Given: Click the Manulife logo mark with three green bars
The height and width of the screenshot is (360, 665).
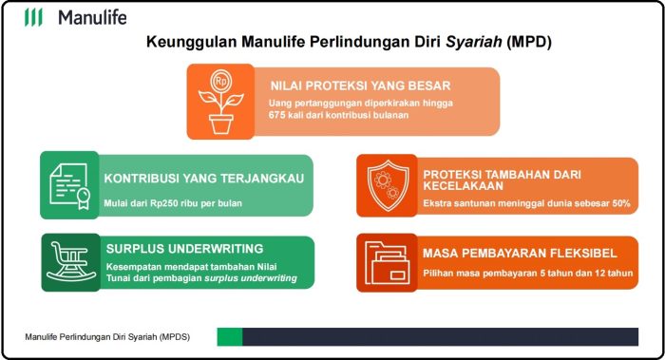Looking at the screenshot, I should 33,17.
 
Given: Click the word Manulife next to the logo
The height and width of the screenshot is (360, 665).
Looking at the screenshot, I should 91,17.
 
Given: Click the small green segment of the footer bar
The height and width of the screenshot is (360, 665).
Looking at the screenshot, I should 230,336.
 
